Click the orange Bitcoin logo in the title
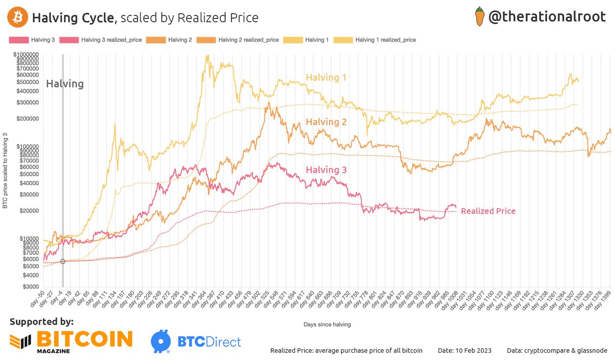click(x=17, y=17)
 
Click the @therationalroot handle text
click(x=551, y=17)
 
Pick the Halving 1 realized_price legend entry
click(x=385, y=39)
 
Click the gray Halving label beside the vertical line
click(x=65, y=84)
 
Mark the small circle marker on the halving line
click(x=63, y=262)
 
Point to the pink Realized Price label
click(x=488, y=211)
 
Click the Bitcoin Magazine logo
click(x=71, y=341)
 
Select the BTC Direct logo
click(x=196, y=341)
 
